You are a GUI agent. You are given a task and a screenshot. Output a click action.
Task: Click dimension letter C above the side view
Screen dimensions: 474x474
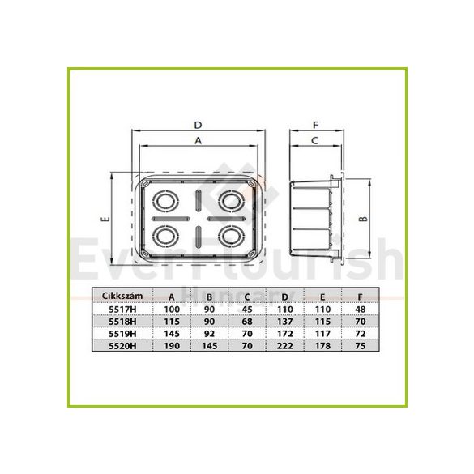[x=314, y=139]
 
